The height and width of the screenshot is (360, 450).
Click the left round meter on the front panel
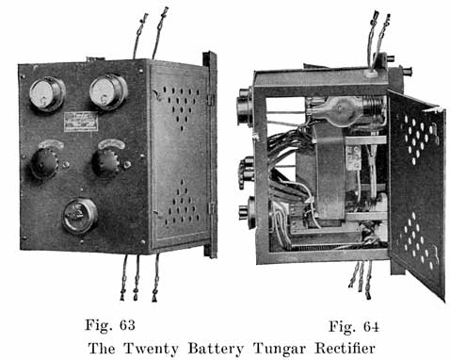point(46,93)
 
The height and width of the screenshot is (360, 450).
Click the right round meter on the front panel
point(108,91)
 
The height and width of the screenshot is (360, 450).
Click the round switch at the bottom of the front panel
point(79,216)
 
